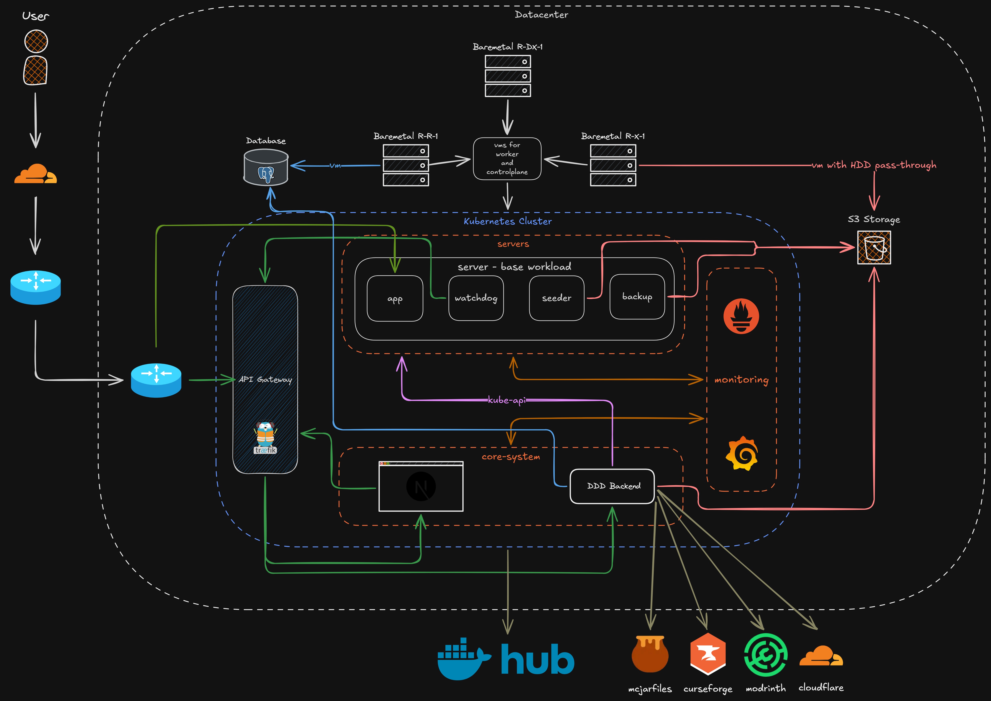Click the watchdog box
[476, 298]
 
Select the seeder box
[556, 298]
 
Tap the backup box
[637, 297]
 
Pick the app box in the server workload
[395, 298]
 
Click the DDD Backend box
[612, 486]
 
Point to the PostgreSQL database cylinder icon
[266, 167]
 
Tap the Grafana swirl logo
[741, 454]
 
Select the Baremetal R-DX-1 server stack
[508, 76]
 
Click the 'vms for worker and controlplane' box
[507, 159]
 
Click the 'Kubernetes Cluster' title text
[508, 221]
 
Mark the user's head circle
[36, 41]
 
